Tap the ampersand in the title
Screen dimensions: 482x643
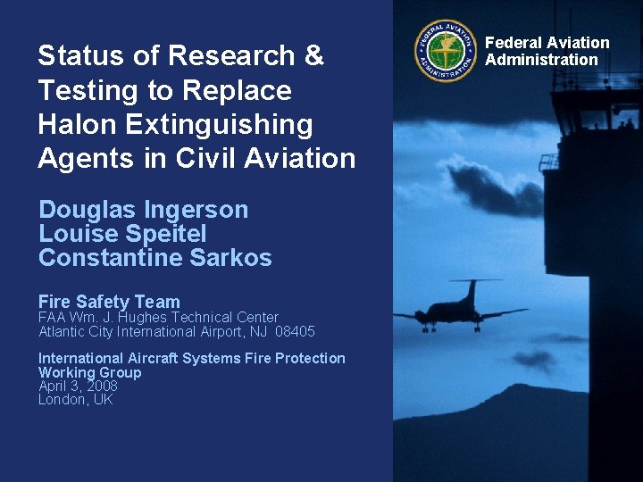pyautogui.click(x=314, y=56)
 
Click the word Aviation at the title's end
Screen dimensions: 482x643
pyautogui.click(x=301, y=158)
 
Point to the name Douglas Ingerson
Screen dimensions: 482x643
pyautogui.click(x=143, y=210)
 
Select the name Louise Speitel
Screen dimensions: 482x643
pyautogui.click(x=122, y=234)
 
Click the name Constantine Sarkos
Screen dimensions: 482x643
pyautogui.click(x=154, y=258)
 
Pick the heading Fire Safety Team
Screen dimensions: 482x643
pyautogui.click(x=109, y=302)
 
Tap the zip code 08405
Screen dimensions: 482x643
pyautogui.click(x=296, y=332)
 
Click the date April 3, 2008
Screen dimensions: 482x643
pyautogui.click(x=78, y=386)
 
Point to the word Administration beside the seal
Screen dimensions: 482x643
pyautogui.click(x=541, y=60)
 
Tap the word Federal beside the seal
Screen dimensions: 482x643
pyautogui.click(x=513, y=43)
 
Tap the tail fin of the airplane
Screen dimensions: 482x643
pyautogui.click(x=471, y=291)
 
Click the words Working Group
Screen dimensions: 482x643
pyautogui.click(x=89, y=372)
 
